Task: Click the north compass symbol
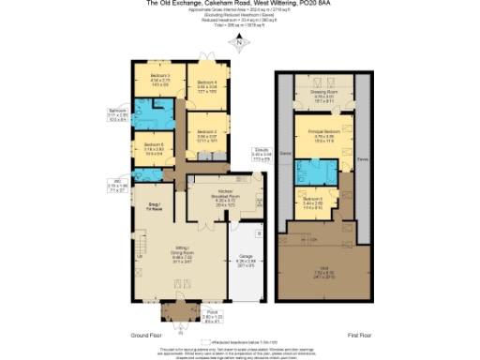coord(241,42)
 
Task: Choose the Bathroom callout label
coord(117,115)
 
